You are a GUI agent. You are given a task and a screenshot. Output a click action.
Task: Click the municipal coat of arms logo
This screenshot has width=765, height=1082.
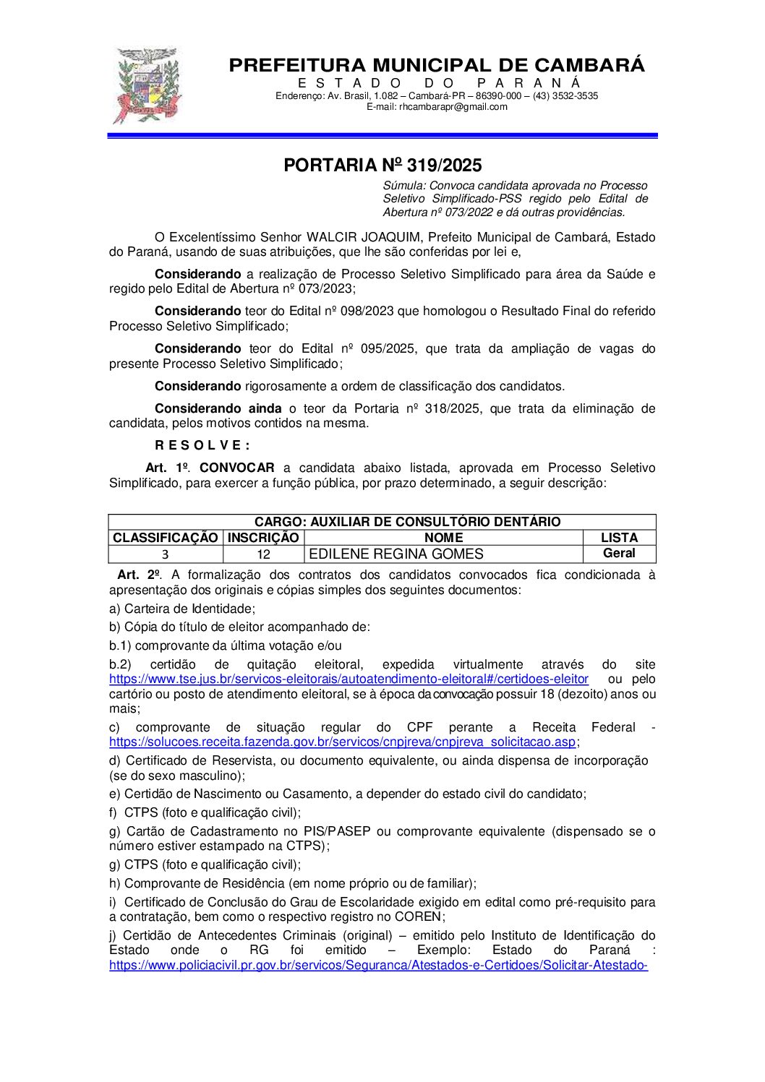click(148, 85)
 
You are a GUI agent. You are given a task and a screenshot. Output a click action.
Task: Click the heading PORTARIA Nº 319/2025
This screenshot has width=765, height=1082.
click(382, 166)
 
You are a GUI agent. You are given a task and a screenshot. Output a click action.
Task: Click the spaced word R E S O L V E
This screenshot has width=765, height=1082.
click(202, 445)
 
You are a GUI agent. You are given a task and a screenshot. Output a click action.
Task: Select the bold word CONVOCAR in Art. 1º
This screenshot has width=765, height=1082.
click(237, 468)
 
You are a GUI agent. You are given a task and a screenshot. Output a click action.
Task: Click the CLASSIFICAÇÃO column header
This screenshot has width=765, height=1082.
click(165, 538)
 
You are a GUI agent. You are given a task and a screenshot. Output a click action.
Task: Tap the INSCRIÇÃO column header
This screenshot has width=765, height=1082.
click(263, 538)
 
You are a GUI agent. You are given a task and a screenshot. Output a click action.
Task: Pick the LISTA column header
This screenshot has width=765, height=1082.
click(619, 538)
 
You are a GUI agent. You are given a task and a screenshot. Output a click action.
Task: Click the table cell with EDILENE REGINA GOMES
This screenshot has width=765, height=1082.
click(396, 554)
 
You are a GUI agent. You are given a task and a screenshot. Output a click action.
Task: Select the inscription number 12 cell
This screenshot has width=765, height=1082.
click(263, 554)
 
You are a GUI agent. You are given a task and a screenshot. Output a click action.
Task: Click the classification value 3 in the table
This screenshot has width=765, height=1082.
click(165, 554)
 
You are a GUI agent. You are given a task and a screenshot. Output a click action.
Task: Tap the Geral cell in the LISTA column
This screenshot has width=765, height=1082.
click(619, 554)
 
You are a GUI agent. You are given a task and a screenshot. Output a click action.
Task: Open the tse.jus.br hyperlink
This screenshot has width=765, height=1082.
click(349, 679)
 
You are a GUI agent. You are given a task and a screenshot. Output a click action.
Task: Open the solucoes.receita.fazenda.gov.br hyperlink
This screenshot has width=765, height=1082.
click(343, 742)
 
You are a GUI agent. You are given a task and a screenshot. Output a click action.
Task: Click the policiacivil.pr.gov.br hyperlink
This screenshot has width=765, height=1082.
click(378, 966)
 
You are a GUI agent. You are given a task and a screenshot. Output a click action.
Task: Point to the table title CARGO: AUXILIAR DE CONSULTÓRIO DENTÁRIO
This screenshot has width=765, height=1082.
click(407, 522)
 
